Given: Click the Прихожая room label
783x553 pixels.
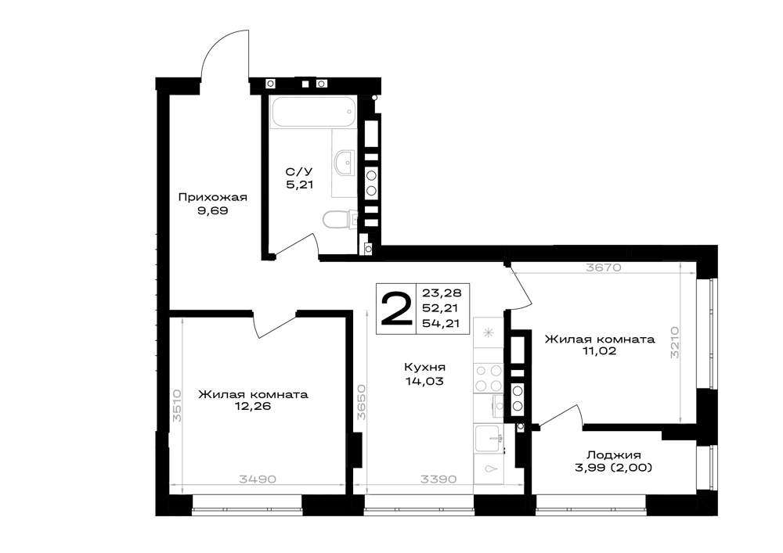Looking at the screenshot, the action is (213, 197).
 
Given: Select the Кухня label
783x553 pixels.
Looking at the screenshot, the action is (424, 368).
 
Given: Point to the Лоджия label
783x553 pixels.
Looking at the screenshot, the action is (614, 455).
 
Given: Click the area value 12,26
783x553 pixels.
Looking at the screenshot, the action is (253, 407).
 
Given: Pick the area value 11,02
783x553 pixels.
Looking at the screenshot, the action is (599, 351).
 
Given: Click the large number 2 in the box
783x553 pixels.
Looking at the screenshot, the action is (396, 309).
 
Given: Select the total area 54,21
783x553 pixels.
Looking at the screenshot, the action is (442, 323).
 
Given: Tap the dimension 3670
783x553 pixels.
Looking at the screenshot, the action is (604, 268).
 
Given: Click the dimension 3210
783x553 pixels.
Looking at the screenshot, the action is (675, 343).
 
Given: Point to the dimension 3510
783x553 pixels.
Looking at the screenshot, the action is (177, 406).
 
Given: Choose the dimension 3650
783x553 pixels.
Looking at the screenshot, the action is (362, 402).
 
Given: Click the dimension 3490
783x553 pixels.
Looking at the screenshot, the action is (258, 479).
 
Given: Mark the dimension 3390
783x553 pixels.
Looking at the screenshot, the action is (439, 479).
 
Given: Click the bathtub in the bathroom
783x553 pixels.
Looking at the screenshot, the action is (313, 111).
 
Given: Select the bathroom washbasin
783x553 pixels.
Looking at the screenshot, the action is (345, 162).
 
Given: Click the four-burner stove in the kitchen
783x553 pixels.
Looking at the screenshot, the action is (489, 378).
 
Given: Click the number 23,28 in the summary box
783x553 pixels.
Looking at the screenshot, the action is (442, 293).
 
